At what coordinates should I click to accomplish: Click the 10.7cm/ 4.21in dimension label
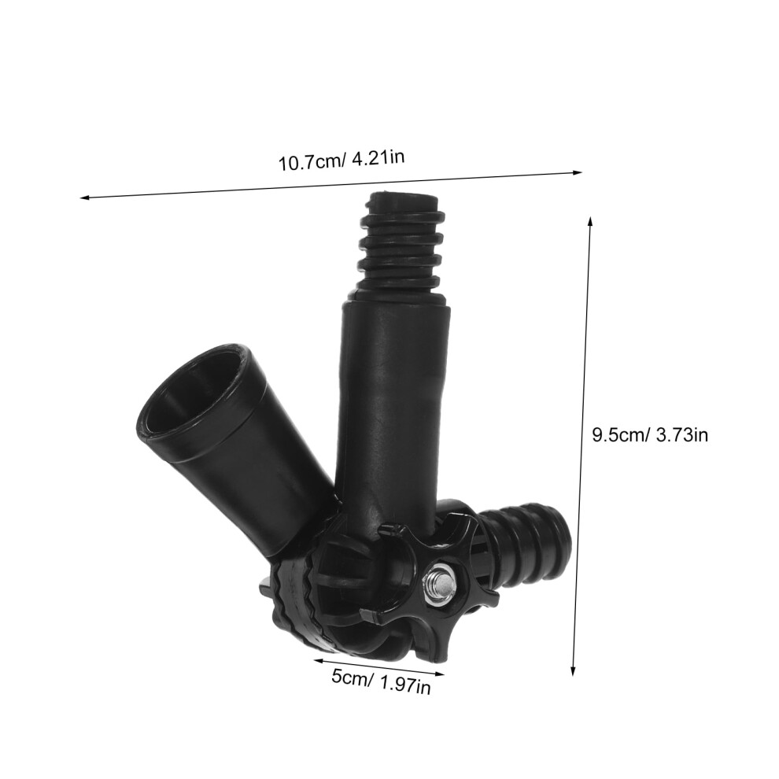point(341,160)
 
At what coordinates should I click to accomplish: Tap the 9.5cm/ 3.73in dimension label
point(650,435)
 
